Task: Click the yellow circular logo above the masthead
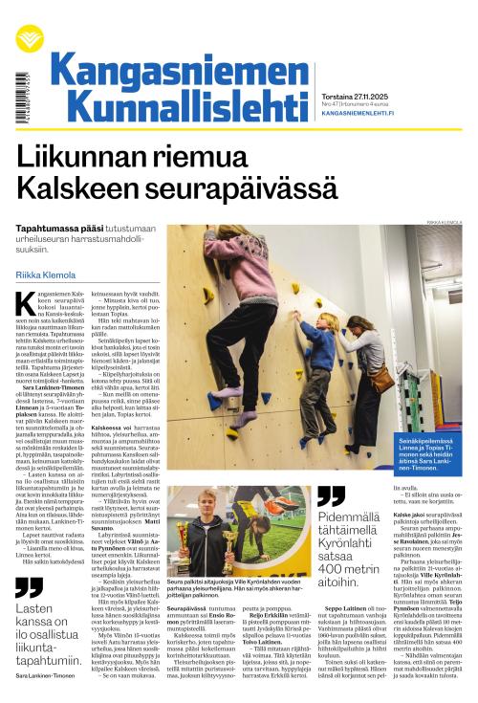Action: tap(30, 37)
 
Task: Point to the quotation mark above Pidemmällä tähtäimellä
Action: tap(331, 495)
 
